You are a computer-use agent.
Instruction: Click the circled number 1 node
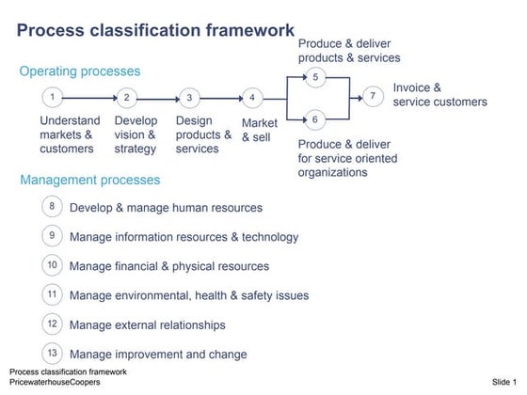[53, 97]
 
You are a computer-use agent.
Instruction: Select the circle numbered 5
[315, 77]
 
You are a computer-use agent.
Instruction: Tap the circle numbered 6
[315, 119]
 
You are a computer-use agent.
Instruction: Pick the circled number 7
[373, 96]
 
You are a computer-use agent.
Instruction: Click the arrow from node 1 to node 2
[89, 97]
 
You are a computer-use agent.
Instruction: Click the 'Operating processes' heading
[80, 71]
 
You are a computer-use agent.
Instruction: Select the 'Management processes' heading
[89, 180]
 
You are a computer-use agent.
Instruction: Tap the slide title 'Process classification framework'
[155, 31]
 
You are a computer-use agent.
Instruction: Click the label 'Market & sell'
[261, 130]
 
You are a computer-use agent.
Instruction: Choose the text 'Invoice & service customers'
[439, 94]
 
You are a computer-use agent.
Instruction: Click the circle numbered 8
[53, 207]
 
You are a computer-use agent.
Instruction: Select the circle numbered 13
[53, 354]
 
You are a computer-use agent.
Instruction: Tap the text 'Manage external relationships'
[148, 325]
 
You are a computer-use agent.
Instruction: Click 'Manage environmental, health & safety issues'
[189, 295]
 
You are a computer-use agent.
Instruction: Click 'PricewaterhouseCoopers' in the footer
[55, 382]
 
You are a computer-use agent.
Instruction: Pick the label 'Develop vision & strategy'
[136, 134]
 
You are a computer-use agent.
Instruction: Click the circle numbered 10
[53, 265]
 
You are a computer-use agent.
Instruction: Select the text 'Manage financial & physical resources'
[169, 266]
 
